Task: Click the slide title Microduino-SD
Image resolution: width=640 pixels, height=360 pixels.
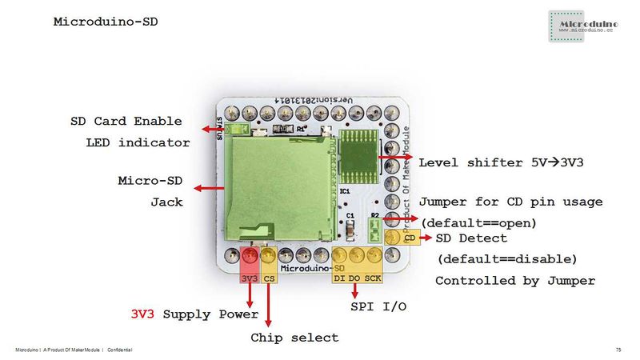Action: tap(106, 22)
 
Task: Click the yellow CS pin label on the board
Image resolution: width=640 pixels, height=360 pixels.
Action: tap(270, 278)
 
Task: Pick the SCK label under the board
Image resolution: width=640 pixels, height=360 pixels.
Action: tap(373, 278)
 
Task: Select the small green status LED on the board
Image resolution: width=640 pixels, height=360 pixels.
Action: tap(235, 128)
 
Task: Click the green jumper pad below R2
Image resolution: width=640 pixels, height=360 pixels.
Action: tap(374, 233)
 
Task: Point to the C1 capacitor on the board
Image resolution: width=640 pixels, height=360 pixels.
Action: tap(350, 230)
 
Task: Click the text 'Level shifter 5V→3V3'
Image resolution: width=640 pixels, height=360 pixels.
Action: tap(501, 162)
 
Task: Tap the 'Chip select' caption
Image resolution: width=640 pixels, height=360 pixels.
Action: tap(294, 338)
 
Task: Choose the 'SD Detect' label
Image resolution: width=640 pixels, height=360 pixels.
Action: tap(482, 238)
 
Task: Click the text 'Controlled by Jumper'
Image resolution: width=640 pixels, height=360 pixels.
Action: tap(514, 281)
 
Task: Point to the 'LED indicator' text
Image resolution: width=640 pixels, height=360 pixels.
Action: tap(138, 143)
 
